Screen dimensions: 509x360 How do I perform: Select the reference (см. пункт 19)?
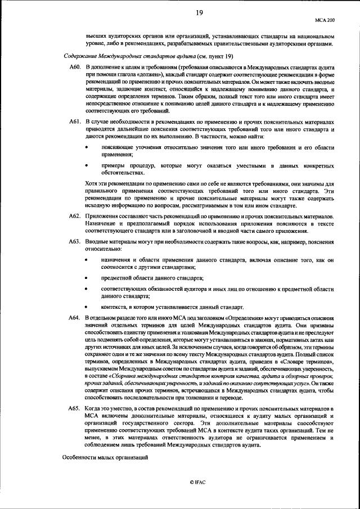pos(215,56)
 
